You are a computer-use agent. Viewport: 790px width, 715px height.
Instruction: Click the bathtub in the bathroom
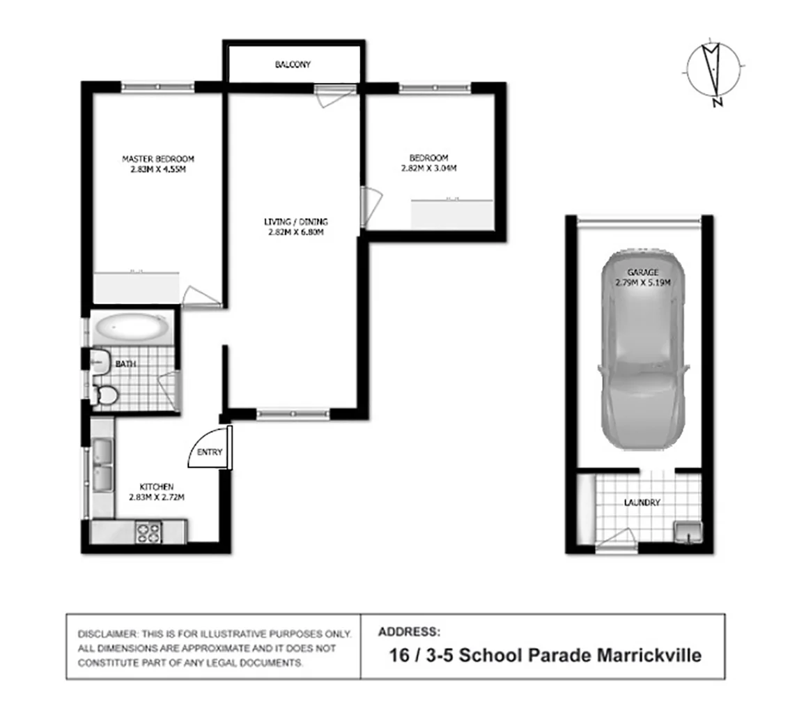point(132,326)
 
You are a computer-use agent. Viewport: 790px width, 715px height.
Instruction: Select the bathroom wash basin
point(100,360)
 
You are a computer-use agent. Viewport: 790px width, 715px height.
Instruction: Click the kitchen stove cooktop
point(149,532)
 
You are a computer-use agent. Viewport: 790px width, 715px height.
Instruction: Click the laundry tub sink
point(686,532)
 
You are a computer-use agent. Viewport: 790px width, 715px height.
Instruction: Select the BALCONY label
point(293,65)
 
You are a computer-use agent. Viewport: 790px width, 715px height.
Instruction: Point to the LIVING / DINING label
point(295,222)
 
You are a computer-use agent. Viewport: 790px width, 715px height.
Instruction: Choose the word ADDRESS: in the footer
point(409,632)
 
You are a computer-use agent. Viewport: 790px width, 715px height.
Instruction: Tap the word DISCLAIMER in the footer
point(108,635)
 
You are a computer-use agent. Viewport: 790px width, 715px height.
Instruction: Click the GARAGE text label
point(642,272)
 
